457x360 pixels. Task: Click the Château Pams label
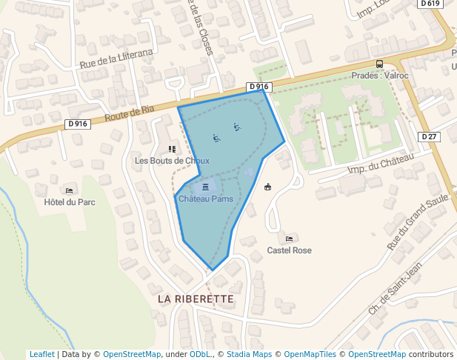[x=205, y=199]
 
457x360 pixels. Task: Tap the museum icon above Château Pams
[x=205, y=187]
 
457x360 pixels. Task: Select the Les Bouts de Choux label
[x=172, y=160]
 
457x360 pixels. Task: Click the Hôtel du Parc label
[x=70, y=201]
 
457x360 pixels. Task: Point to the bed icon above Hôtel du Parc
[x=70, y=190]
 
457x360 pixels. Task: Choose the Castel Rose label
[x=289, y=250]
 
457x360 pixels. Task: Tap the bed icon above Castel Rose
[x=289, y=239]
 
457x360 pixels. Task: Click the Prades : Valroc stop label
[x=379, y=76]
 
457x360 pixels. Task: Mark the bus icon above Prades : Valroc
[x=379, y=64]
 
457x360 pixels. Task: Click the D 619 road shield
[x=430, y=4]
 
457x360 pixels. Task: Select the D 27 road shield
[x=430, y=136]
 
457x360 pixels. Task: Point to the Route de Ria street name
[x=130, y=113]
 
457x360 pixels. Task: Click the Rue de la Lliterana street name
[x=116, y=59]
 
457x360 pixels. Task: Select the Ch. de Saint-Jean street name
[x=395, y=287]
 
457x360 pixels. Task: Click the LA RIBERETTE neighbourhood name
[x=196, y=299]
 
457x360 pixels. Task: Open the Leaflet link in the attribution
[x=41, y=354]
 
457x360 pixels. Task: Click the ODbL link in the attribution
[x=199, y=354]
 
